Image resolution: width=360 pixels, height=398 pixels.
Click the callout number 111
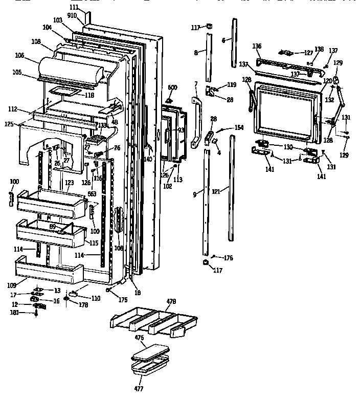tap(74, 7)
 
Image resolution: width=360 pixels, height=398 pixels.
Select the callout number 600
tap(172, 87)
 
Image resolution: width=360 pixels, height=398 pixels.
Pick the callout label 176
tap(228, 258)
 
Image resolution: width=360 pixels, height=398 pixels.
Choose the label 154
tap(238, 127)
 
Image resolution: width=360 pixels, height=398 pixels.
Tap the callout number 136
tap(257, 46)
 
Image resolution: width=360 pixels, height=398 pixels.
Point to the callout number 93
tap(181, 130)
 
